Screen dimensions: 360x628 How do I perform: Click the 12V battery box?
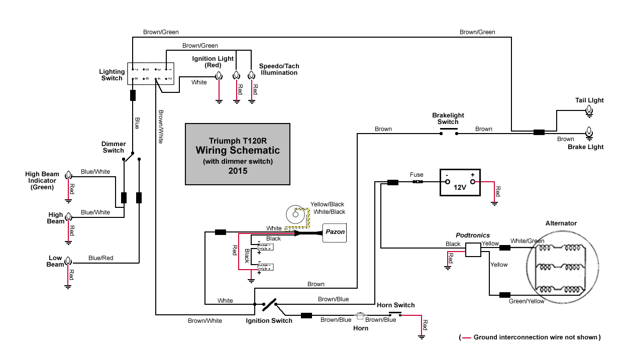click(460, 182)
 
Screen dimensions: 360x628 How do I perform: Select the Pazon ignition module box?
click(335, 232)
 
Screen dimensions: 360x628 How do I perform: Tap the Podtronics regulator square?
click(473, 250)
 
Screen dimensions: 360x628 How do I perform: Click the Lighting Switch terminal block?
click(150, 74)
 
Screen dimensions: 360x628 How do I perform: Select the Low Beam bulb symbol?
click(68, 262)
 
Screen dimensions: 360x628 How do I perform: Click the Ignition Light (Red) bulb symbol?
click(219, 76)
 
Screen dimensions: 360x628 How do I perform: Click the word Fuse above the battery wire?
click(416, 175)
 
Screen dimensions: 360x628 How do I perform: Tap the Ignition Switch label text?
click(269, 321)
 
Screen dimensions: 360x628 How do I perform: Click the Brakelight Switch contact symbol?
click(448, 133)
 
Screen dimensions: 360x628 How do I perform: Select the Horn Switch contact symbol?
click(395, 315)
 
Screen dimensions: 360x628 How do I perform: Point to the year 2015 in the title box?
click(237, 171)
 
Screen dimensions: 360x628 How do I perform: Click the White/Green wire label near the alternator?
click(527, 241)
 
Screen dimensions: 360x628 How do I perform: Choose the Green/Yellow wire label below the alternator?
click(526, 301)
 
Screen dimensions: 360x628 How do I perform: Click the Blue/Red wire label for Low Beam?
click(100, 258)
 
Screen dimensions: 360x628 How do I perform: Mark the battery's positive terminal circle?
click(472, 182)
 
